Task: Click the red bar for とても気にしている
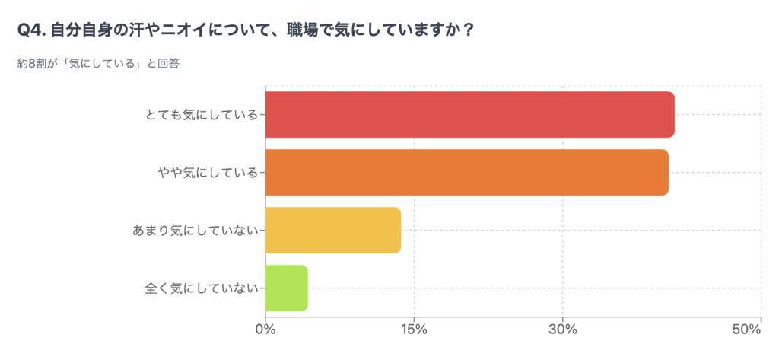click(469, 115)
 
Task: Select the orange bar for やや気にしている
click(466, 173)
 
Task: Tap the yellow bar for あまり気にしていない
click(333, 230)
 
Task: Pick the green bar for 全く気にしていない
click(287, 288)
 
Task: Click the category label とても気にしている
click(202, 115)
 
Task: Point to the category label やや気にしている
click(207, 173)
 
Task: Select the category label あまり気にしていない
click(196, 230)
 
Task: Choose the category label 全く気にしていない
click(202, 288)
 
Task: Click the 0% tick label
click(265, 330)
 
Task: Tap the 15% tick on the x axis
click(414, 330)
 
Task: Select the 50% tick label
click(746, 330)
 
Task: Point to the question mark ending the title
click(469, 30)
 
